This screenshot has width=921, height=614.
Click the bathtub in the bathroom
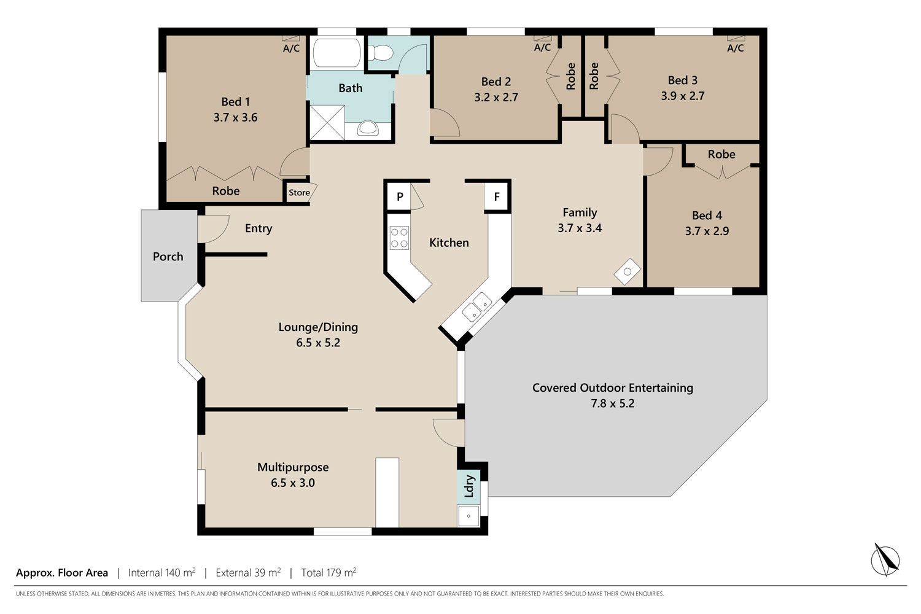point(336,52)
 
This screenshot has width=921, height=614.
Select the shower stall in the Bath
point(327,123)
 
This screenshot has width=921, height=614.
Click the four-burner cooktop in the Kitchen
point(399,238)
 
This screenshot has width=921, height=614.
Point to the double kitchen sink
point(477,307)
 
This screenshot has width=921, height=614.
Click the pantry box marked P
point(400,196)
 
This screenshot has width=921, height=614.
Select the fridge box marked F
point(497,196)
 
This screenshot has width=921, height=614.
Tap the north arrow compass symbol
point(885,560)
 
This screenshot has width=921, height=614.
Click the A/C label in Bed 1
point(291,49)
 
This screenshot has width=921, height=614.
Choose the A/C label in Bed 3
point(735,48)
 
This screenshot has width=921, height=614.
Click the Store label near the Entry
point(299,192)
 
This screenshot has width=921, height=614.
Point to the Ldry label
point(469,486)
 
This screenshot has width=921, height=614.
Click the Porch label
point(168,257)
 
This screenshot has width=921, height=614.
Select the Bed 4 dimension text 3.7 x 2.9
point(707,231)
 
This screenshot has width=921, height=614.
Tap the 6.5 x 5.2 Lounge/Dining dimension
point(318,343)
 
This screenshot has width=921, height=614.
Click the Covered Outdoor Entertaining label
point(613,387)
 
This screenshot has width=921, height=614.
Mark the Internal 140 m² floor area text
point(162,572)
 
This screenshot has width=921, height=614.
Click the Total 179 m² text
point(328,572)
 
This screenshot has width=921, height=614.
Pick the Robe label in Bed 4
point(721,154)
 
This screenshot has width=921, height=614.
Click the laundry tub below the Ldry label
point(468,516)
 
